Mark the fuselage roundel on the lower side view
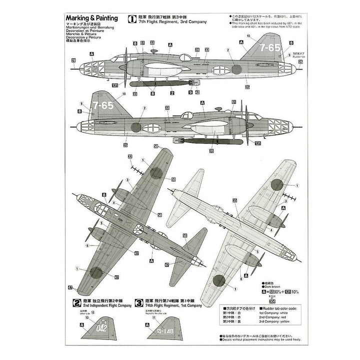[135, 126]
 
